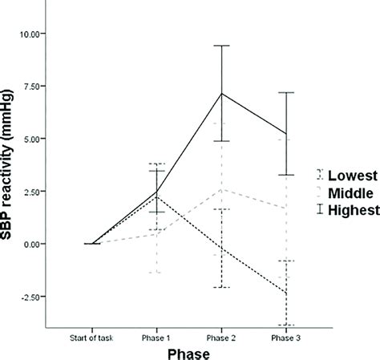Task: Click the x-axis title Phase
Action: pos(190,352)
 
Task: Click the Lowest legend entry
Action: pos(346,174)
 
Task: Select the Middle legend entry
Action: pos(346,192)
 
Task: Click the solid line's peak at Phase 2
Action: pos(221,93)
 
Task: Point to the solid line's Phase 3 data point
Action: pos(285,133)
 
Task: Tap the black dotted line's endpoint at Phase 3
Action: pos(285,293)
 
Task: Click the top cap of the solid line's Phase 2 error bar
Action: pos(221,46)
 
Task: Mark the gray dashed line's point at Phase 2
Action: pos(221,189)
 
